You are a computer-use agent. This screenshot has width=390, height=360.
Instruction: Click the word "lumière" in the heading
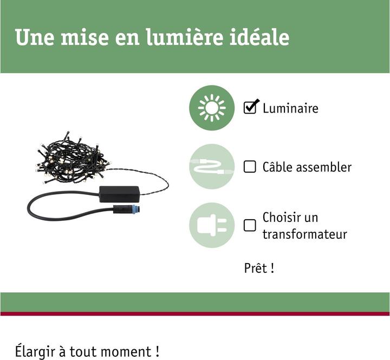pos(185,37)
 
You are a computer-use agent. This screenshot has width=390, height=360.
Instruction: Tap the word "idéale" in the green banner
pos(259,37)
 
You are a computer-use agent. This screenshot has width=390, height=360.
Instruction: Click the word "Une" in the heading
pos(35,37)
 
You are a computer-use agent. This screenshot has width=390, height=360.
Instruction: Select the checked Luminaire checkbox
pos(250,107)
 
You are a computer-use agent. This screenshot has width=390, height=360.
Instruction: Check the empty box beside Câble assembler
pos(250,166)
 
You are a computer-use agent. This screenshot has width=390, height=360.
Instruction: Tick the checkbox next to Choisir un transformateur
pos(250,225)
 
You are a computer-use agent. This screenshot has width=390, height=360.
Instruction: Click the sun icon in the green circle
pos(212,108)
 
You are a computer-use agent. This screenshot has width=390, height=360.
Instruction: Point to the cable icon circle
pos(212,166)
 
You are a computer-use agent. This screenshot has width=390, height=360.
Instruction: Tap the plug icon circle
pos(212,225)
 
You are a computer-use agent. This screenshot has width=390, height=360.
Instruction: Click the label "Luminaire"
pos(290,108)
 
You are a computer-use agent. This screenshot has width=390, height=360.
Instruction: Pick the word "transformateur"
pos(304,234)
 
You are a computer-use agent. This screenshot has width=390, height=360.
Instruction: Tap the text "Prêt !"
pos(259,268)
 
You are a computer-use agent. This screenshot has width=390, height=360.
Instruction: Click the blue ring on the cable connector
pos(135,209)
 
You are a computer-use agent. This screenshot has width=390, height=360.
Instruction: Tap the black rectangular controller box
pos(119,194)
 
